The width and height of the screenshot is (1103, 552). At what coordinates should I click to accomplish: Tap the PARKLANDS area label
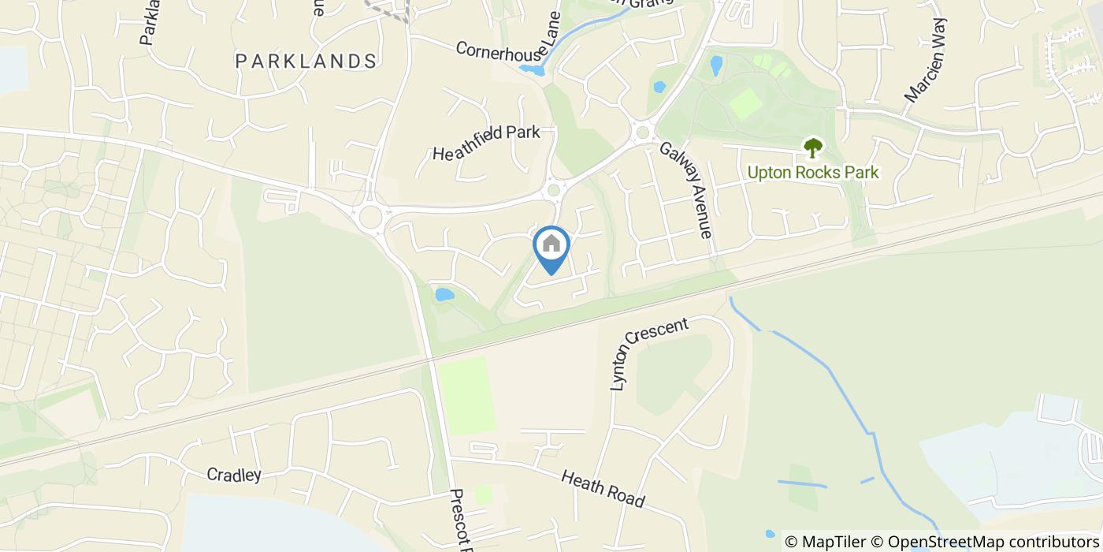tap(306, 61)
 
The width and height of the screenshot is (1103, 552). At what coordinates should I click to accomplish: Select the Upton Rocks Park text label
tap(812, 172)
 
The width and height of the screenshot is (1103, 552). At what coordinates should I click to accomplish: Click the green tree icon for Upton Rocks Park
tap(812, 147)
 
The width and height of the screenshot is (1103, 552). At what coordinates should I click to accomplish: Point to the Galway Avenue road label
tap(685, 190)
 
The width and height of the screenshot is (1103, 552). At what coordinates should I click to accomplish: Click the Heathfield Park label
tap(486, 143)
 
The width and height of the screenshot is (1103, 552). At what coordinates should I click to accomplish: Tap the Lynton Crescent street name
tap(649, 353)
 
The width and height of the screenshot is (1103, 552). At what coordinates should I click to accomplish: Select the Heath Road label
tap(603, 489)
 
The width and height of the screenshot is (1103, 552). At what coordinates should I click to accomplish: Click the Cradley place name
tap(233, 475)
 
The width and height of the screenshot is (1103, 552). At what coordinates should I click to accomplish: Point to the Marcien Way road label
tap(927, 61)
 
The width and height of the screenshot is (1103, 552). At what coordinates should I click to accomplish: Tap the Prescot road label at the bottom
tap(460, 520)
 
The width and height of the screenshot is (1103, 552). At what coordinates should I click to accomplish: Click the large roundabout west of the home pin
tap(369, 215)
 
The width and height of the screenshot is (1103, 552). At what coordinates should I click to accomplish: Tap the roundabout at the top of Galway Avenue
tap(642, 132)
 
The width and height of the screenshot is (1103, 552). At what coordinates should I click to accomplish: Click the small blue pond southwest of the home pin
tap(444, 295)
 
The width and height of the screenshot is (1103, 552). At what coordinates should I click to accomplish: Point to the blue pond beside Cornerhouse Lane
tap(532, 71)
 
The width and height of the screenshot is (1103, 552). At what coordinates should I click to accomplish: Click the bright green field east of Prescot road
tap(466, 394)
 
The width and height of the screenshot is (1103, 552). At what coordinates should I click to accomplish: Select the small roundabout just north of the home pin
tap(554, 189)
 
